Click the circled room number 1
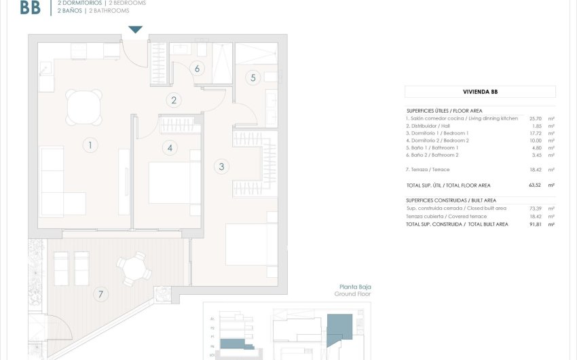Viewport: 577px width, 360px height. click(89, 144)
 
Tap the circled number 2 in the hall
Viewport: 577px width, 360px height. click(174, 101)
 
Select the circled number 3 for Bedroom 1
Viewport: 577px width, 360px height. click(221, 166)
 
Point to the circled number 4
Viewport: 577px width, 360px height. click(170, 147)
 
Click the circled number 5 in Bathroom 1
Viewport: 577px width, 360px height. click(253, 77)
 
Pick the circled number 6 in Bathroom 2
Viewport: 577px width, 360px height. click(197, 68)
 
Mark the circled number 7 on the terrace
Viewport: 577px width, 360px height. click(101, 294)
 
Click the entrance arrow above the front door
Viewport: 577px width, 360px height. click(136, 29)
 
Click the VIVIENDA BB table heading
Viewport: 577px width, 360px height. click(480, 92)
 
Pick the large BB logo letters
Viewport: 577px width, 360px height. click(30, 7)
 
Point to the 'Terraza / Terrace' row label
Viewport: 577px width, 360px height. click(428, 169)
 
